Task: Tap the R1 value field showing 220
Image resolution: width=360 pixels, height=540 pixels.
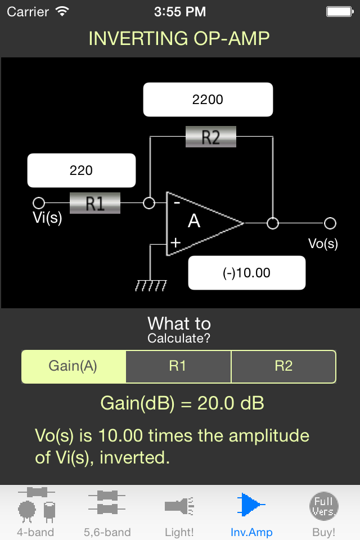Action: point(82,170)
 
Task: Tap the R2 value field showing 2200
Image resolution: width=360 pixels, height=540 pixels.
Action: point(208,100)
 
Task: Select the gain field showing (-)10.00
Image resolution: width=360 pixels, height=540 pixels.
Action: point(246,273)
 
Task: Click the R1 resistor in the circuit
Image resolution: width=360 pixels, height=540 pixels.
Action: point(95,203)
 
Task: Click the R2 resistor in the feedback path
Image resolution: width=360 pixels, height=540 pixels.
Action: point(210,137)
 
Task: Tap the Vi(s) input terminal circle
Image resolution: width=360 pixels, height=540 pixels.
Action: point(39,203)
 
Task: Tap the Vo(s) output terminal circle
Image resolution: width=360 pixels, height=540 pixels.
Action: point(330,223)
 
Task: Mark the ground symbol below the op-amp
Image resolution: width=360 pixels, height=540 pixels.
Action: point(151,286)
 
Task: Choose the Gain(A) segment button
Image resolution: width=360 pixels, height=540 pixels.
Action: point(73,366)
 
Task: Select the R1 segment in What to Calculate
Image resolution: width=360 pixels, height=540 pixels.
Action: point(178,366)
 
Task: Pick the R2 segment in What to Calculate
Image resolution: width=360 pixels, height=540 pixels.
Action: point(283,366)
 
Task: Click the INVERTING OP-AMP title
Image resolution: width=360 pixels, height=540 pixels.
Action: point(179,38)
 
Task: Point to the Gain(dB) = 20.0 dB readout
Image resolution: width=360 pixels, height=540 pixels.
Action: point(182,403)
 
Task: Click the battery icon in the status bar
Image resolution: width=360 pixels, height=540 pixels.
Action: point(340,11)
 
